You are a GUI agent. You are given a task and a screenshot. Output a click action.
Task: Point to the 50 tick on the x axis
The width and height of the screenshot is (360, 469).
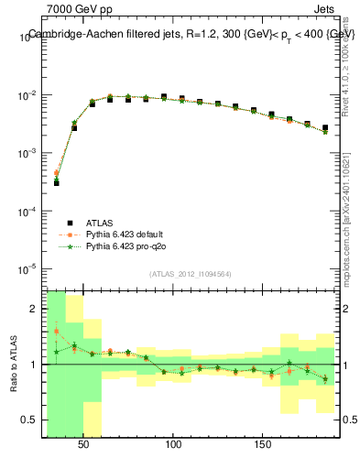pos(84,443)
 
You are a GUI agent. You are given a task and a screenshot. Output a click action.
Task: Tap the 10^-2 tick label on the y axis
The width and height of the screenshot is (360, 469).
pos(27,95)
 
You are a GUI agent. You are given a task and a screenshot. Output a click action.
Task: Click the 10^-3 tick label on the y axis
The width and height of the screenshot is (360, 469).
pos(27,153)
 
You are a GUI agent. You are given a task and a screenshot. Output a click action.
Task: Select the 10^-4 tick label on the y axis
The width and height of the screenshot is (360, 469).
pos(27,211)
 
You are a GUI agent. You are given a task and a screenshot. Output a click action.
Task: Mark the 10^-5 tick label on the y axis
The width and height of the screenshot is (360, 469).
pos(27,268)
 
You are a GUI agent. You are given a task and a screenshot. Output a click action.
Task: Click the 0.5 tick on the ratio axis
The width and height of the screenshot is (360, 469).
pos(31,420)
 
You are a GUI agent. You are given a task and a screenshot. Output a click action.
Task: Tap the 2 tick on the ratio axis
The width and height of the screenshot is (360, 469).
pos(35,309)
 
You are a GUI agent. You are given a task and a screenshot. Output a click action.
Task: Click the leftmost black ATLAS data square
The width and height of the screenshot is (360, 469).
pos(56,182)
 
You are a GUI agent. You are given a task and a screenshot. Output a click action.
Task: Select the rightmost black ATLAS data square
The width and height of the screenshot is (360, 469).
pos(325,128)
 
